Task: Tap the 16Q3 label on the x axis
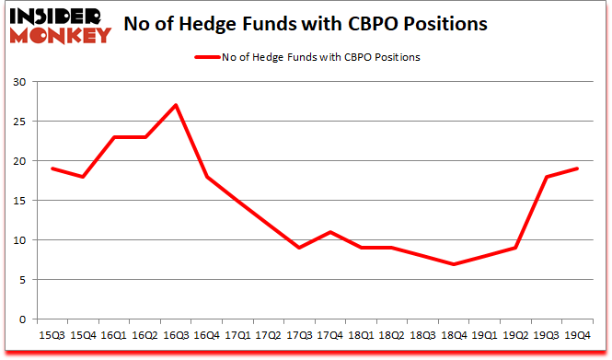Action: point(175,336)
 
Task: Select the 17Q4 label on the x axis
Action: point(330,336)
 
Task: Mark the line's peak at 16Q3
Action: point(175,105)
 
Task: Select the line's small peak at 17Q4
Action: point(330,232)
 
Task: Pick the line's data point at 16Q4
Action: point(206,177)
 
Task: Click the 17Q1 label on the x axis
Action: point(237,336)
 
